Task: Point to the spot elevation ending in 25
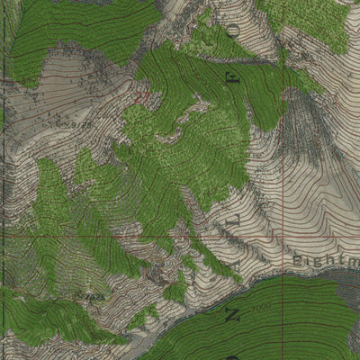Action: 93,294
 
